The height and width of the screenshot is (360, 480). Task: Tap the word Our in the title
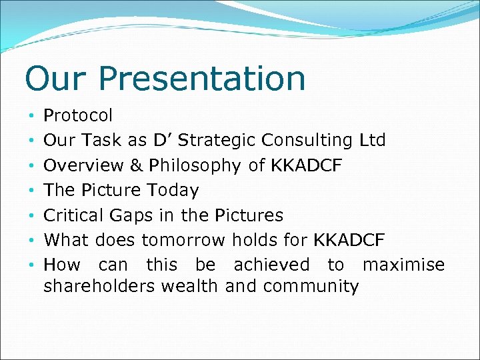pos(55,79)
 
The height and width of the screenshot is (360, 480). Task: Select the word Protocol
pos(78,116)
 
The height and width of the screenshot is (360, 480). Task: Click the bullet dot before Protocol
pos(31,116)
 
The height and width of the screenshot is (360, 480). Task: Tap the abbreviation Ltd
pos(371,141)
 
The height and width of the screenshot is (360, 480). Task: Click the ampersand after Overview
pos(137,165)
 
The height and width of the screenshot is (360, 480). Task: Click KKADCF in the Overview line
pos(306,165)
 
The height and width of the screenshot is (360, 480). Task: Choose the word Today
pos(173,191)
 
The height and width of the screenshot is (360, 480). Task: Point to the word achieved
pos(271,265)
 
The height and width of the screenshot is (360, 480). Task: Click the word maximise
pos(403,265)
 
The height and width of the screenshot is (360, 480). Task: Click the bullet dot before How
pos(31,265)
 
